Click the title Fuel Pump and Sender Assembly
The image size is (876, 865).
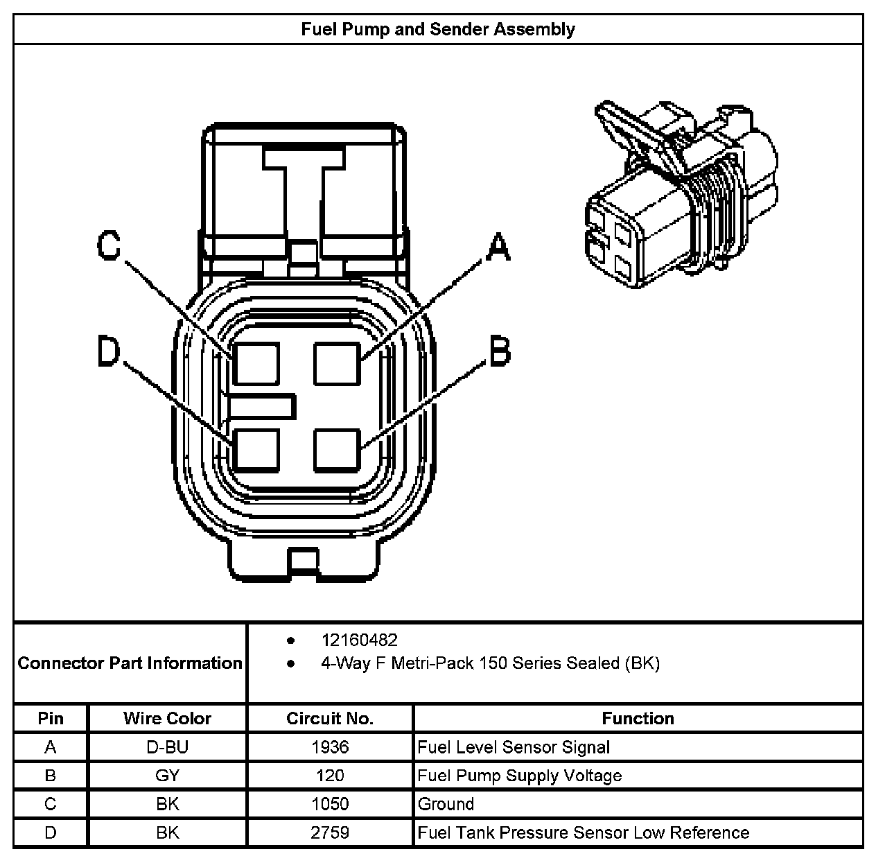point(437,29)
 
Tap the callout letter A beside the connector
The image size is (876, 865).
point(498,247)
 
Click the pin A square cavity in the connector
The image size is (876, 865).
point(338,363)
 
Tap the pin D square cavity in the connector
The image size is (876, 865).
point(256,450)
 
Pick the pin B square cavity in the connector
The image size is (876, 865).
point(338,450)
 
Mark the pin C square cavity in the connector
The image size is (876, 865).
point(256,363)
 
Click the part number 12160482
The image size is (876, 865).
point(359,640)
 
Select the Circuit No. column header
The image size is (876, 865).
point(330,718)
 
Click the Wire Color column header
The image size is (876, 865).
point(167,718)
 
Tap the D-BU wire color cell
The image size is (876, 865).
point(167,747)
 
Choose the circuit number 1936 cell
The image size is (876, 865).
point(330,747)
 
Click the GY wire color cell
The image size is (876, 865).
point(167,776)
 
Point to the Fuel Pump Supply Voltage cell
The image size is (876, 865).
point(520,776)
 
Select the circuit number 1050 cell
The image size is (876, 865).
point(330,804)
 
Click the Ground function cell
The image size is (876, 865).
point(446,804)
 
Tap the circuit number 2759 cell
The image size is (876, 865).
point(330,832)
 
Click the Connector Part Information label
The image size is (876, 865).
point(130,663)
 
